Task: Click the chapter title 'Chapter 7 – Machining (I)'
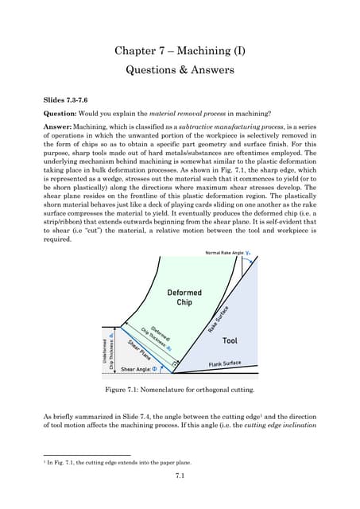(180, 52)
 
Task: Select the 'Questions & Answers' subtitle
(180, 70)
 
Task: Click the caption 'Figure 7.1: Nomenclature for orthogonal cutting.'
(179, 390)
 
